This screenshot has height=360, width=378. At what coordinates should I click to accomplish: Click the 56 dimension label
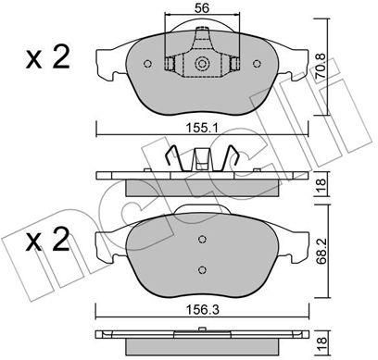[x=202, y=8]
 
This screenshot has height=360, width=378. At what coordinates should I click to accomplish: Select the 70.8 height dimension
[x=321, y=68]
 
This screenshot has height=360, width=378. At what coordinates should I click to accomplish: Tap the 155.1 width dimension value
[x=202, y=128]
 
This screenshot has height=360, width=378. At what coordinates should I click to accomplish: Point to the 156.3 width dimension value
[x=202, y=310]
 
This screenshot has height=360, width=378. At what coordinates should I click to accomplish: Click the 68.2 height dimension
[x=321, y=251]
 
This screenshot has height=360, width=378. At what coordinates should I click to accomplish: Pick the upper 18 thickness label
[x=321, y=184]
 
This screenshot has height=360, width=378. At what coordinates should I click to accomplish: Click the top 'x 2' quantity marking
[x=47, y=57]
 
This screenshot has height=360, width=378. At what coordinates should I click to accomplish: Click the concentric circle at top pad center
[x=202, y=64]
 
